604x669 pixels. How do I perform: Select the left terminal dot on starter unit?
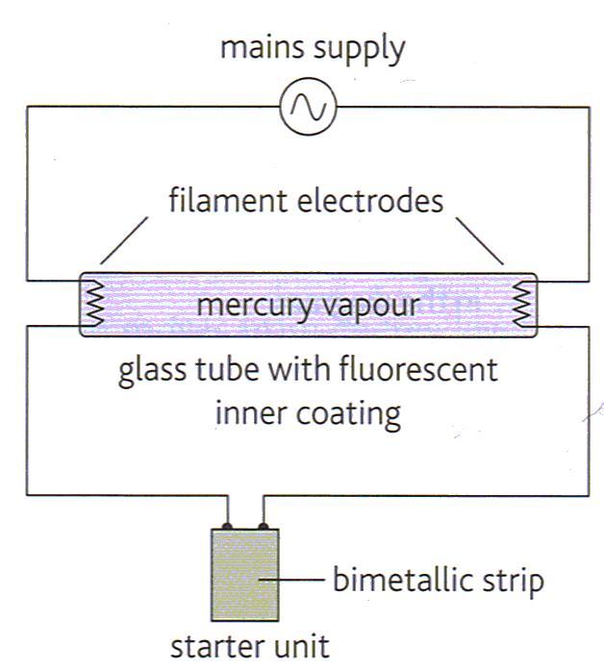click(x=226, y=525)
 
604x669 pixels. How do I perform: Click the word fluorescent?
click(x=416, y=369)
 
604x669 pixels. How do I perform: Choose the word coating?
click(x=347, y=415)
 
